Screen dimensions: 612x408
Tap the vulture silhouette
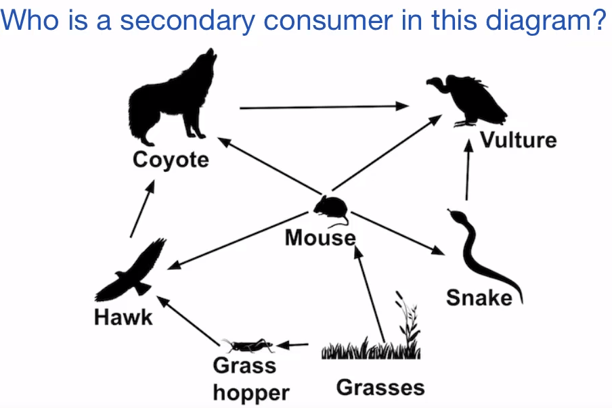pyautogui.click(x=468, y=100)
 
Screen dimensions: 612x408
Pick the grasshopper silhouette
pyautogui.click(x=248, y=345)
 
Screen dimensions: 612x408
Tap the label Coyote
pyautogui.click(x=171, y=160)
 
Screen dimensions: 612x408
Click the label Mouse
pyautogui.click(x=320, y=237)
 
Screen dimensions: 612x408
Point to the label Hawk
pyautogui.click(x=123, y=317)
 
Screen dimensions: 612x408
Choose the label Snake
pyautogui.click(x=479, y=298)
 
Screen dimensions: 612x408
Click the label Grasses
pyautogui.click(x=380, y=388)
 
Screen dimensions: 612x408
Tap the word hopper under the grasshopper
pyautogui.click(x=251, y=392)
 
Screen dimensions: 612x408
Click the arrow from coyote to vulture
pyautogui.click(x=324, y=107)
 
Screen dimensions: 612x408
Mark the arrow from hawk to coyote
pyautogui.click(x=142, y=208)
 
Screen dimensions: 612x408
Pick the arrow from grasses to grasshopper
pyautogui.click(x=292, y=345)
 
